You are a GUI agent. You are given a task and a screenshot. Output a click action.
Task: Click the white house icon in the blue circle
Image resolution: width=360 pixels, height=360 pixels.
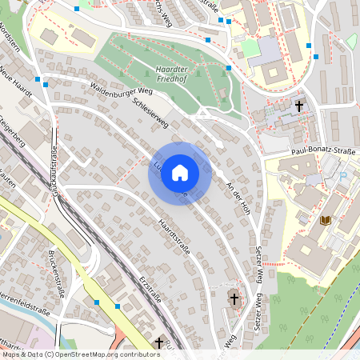click(179, 173)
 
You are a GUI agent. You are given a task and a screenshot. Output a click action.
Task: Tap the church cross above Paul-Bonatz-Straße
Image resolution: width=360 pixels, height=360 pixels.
click(300, 105)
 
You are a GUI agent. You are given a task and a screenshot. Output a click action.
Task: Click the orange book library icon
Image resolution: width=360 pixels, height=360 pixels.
click(324, 219)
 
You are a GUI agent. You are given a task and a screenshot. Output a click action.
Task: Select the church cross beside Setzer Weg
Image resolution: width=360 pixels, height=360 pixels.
click(234, 299)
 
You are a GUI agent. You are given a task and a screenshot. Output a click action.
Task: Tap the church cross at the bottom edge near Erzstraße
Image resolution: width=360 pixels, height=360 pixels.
click(158, 342)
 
